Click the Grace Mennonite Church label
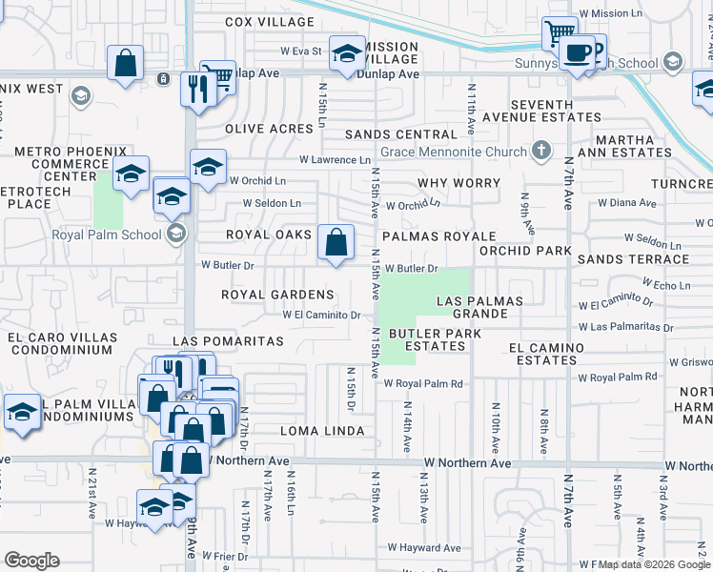tap(453, 152)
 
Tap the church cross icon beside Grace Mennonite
tap(541, 151)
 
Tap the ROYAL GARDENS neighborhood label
tap(277, 295)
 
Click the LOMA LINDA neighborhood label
tap(322, 431)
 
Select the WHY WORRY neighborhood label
tap(458, 182)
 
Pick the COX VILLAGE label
tap(270, 21)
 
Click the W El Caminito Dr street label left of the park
tap(321, 315)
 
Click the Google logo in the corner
tap(31, 561)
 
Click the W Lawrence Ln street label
tap(335, 160)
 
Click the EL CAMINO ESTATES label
tap(542, 354)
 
